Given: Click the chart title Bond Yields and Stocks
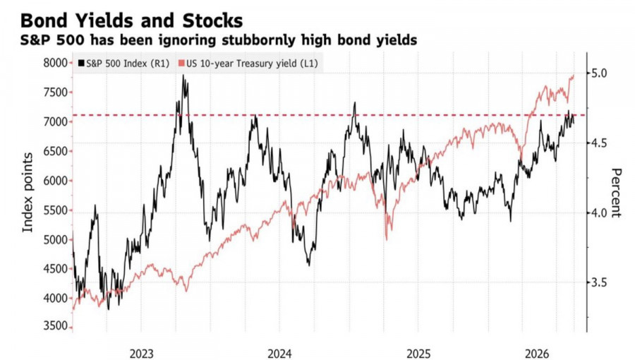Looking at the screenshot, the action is tap(132, 20).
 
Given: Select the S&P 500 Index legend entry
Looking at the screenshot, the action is tap(123, 64).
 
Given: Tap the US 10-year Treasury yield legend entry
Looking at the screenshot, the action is tap(248, 64).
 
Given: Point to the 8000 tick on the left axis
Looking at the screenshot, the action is tap(55, 63).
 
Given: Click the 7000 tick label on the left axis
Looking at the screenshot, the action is tap(55, 121).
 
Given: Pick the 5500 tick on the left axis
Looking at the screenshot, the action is tap(55, 210).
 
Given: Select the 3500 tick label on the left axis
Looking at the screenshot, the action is tap(55, 326).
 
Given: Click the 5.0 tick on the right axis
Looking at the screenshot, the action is tap(599, 73).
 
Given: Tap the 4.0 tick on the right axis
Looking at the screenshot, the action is tap(599, 212).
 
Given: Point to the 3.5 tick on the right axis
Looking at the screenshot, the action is tap(599, 282).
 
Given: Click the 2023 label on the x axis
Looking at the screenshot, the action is tap(141, 354).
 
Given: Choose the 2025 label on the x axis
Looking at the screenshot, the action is tap(418, 354).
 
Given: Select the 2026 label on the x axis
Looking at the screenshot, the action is tap(537, 354).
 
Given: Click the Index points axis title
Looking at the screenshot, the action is tap(27, 192).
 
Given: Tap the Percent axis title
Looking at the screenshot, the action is tap(615, 193).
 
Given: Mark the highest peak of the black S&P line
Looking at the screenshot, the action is tap(183, 75).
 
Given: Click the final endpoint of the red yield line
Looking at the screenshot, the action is tap(574, 76).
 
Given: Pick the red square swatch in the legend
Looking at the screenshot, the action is tap(181, 64).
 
